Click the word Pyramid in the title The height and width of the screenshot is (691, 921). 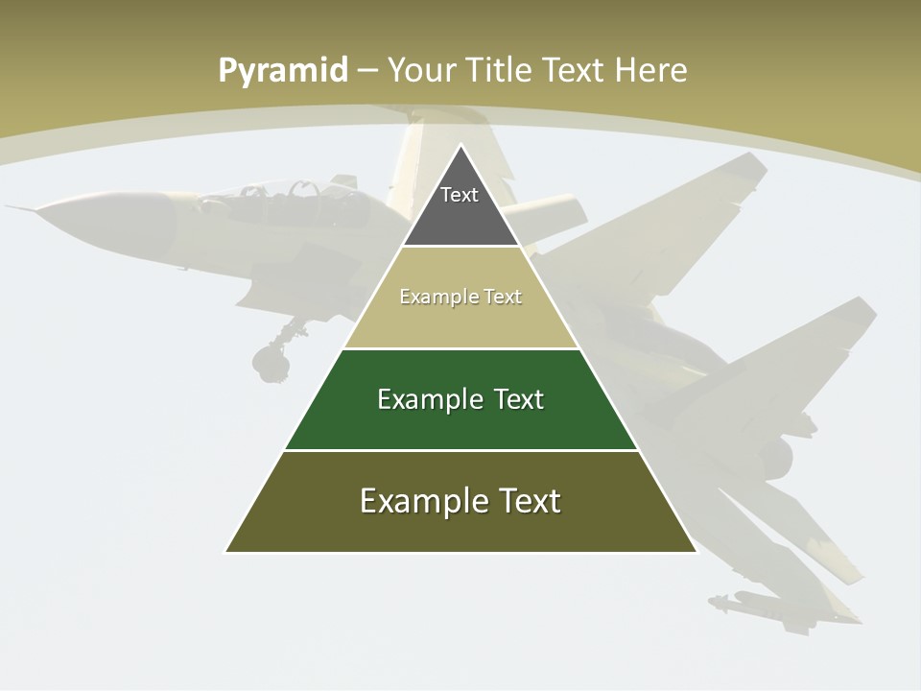283,71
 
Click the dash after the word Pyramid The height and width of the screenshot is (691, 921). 367,71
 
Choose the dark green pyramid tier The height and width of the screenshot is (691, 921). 460,413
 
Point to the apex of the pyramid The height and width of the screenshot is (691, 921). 460,146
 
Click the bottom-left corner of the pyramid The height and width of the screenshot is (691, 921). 226,552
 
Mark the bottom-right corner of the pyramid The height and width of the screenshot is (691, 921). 696,552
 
